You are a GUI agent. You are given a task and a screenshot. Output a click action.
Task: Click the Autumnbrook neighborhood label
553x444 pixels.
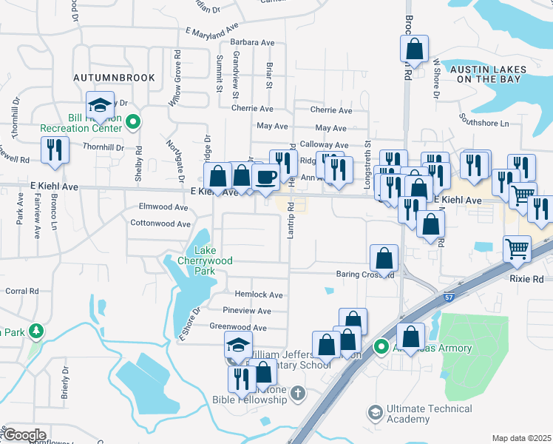coord(114,77)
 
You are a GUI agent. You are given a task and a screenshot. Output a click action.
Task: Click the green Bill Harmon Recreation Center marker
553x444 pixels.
coord(133,122)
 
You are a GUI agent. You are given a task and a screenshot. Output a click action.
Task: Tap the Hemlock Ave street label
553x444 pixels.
coord(259,295)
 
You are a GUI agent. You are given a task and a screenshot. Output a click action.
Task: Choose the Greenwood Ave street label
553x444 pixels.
coord(238,327)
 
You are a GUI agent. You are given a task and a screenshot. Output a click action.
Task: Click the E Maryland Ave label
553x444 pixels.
coord(212,30)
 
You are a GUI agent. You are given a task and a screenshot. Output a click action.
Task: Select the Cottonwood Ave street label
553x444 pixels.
coord(159,223)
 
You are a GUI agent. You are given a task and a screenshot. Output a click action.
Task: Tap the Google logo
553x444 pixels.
coord(24,435)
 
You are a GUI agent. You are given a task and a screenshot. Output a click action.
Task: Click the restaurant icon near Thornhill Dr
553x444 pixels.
coord(55,149)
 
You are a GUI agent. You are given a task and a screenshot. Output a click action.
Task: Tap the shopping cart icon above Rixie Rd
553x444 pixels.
coord(516,248)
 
